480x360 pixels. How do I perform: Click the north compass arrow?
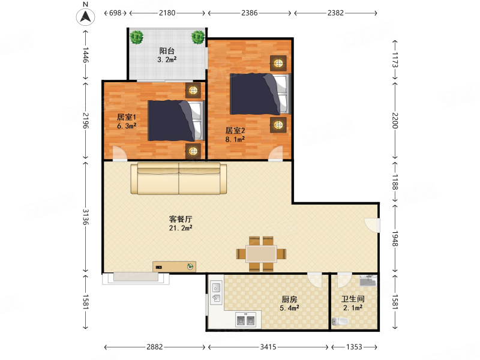tap(85, 16)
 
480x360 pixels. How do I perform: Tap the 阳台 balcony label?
tap(167, 51)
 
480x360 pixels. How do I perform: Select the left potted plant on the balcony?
tap(136, 37)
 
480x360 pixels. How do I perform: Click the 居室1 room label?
tap(127, 117)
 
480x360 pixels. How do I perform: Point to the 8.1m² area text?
tap(235, 140)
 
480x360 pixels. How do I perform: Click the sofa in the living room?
tap(179, 178)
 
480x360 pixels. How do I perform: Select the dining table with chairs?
tap(261, 254)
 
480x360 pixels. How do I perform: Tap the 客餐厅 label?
tap(181, 219)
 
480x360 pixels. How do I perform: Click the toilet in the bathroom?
tap(340, 321)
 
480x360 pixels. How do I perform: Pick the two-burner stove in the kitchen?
tap(246, 320)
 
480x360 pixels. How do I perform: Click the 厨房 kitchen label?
tap(289, 299)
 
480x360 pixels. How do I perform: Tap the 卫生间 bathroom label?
tap(353, 299)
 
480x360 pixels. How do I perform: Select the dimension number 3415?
tap(268, 347)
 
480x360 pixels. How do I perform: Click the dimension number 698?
tap(115, 13)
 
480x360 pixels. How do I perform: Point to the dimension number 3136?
tap(85, 217)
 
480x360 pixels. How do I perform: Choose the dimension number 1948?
tap(395, 238)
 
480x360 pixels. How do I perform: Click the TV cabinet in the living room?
tap(174, 266)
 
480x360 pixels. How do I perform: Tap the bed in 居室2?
tap(260, 94)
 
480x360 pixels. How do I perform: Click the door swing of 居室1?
tap(119, 154)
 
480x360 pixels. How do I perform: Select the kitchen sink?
tap(217, 293)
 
